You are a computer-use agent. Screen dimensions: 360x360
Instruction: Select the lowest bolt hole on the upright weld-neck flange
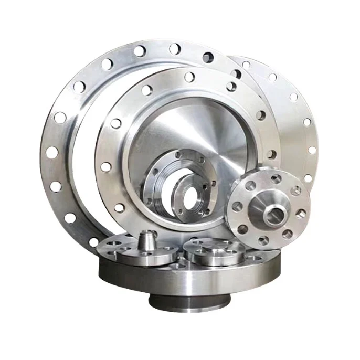[263, 240]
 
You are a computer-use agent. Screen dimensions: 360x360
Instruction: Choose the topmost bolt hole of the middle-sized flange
[189, 77]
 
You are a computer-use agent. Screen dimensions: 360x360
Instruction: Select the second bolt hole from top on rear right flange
[272, 77]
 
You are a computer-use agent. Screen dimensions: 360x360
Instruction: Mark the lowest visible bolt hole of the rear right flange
[308, 178]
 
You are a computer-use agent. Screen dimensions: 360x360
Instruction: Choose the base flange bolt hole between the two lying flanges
[181, 258]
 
